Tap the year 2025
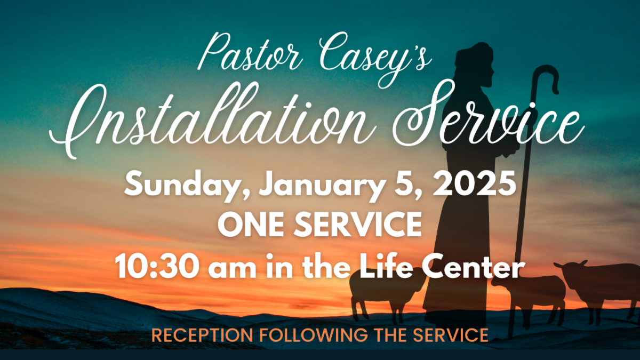(474, 183)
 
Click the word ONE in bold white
(254, 225)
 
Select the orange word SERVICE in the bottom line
(451, 335)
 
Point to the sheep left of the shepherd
(386, 294)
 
